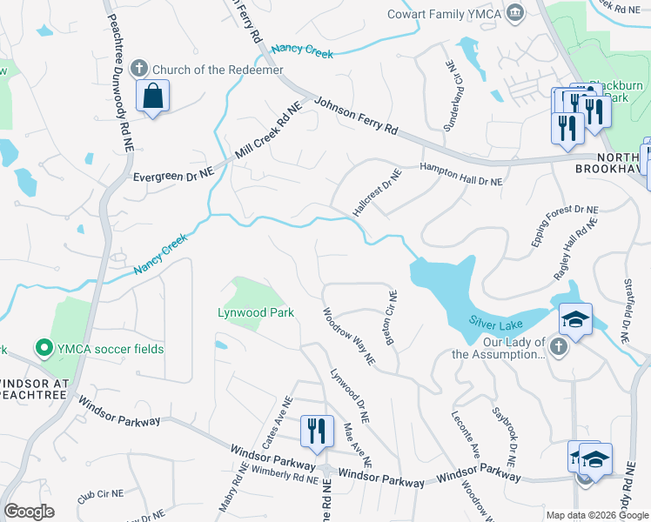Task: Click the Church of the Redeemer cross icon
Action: click(x=138, y=70)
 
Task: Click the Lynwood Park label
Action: click(x=256, y=312)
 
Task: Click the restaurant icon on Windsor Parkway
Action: click(x=316, y=430)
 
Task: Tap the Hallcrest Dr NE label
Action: click(x=376, y=193)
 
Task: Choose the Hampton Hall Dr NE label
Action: click(x=461, y=176)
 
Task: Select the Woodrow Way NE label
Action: click(x=348, y=335)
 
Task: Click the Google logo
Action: click(x=30, y=512)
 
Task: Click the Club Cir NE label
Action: click(x=102, y=497)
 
